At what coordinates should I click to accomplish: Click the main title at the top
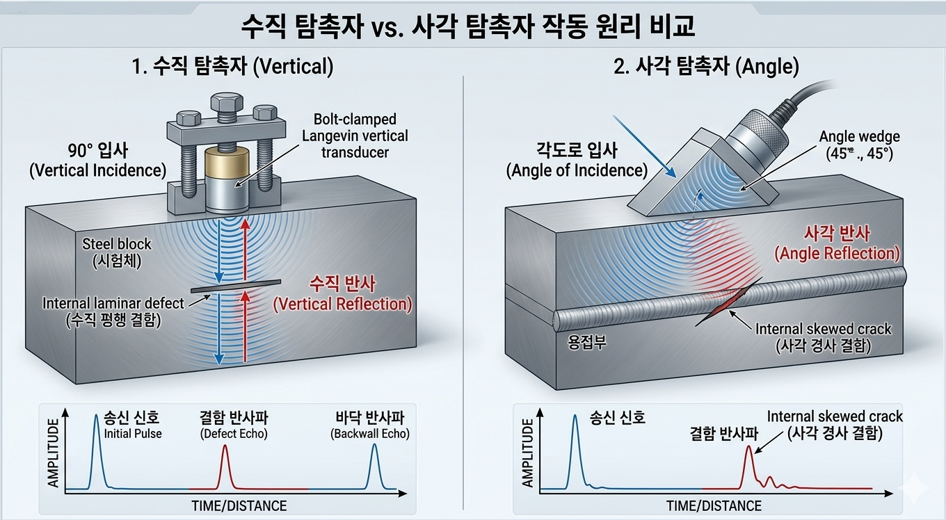[468, 26]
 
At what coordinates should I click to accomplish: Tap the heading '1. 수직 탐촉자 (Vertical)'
[233, 67]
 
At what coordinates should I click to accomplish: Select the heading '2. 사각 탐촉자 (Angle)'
[706, 67]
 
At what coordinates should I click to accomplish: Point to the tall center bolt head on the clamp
[227, 102]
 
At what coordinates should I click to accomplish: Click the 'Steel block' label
[117, 244]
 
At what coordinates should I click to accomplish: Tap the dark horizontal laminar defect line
[236, 286]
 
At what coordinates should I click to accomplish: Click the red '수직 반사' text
[342, 284]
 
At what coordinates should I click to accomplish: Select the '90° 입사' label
[98, 151]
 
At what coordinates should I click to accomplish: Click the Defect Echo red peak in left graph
[225, 466]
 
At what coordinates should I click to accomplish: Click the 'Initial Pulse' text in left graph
[133, 434]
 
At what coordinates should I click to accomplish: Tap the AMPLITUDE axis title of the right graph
[527, 453]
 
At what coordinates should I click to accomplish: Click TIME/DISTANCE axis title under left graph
[239, 505]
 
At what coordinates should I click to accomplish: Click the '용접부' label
[587, 342]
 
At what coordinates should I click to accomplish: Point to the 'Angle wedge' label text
[860, 137]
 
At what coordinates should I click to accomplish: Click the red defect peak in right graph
[748, 466]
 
